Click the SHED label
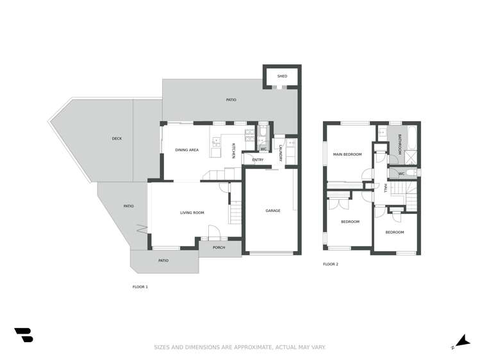point(282,76)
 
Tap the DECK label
point(117,138)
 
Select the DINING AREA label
point(187,150)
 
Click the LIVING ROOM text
point(192,213)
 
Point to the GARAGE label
point(273,211)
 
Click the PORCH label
point(219,247)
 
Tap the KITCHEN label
point(233,151)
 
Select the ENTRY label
point(258,160)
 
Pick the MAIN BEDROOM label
point(347,154)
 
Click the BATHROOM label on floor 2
point(399,144)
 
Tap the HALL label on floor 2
point(386,188)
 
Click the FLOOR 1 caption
point(140,287)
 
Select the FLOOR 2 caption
point(331,264)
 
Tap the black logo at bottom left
point(23,334)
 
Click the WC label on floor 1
point(263,149)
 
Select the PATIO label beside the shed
point(231,100)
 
